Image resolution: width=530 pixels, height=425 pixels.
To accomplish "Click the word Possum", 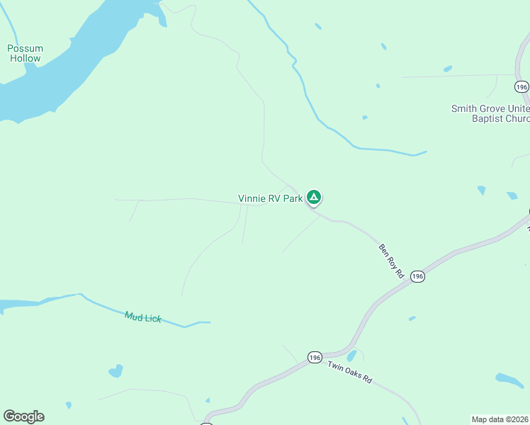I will click(x=25, y=49).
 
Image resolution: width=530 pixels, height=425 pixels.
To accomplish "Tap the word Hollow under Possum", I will click(x=26, y=58).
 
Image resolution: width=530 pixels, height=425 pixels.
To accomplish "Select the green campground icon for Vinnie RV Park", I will click(x=314, y=198).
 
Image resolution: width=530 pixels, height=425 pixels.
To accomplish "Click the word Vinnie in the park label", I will click(x=251, y=199).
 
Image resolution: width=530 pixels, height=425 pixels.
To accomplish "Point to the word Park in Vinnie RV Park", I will click(x=293, y=199).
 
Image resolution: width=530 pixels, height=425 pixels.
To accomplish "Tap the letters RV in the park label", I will click(x=274, y=199).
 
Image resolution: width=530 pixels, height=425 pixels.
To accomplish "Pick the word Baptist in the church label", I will click(x=489, y=119).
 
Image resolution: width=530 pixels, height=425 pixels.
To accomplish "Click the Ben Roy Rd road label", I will click(x=390, y=261).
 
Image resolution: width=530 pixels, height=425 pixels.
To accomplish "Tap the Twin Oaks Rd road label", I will click(x=349, y=371).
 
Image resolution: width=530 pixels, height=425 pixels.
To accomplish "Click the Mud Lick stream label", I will click(x=143, y=317).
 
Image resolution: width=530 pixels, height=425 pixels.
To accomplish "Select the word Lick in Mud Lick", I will click(x=152, y=319).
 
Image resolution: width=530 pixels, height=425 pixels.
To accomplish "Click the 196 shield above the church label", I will click(x=521, y=86).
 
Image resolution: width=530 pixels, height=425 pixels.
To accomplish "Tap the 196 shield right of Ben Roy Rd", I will click(x=417, y=277).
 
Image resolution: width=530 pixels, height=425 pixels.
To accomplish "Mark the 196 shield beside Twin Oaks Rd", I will click(x=315, y=358).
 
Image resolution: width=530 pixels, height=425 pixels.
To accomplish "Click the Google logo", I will click(x=23, y=416).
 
